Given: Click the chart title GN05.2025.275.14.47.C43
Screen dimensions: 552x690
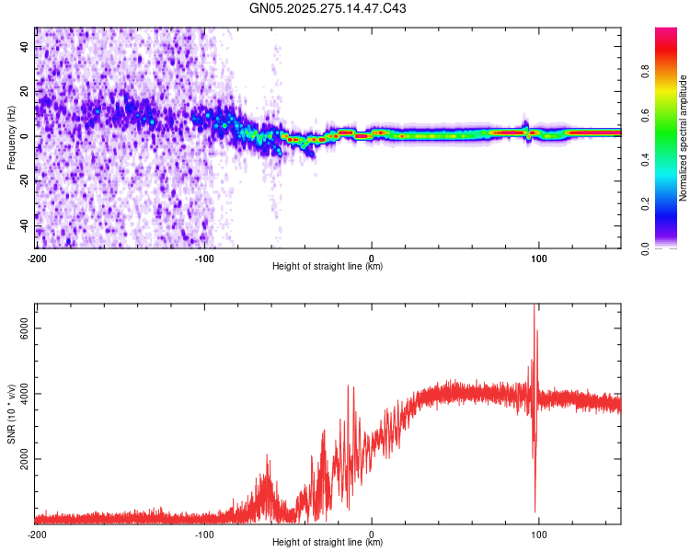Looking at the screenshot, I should pos(328,9).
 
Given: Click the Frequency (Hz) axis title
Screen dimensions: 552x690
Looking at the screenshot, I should pos(11,138).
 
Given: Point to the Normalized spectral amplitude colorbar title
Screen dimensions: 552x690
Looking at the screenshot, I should pos(683,138).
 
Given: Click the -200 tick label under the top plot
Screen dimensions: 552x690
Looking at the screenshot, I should pos(37,257).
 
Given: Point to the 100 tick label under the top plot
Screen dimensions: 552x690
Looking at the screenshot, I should pos(539,257).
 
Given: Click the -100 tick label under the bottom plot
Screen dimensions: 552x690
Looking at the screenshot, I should pos(204,534).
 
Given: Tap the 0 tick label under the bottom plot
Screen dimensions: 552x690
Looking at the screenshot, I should pos(372,534).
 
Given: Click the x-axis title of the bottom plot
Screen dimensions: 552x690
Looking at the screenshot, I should pos(328,543).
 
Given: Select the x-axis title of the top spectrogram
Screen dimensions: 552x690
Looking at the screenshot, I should pos(328,266).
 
